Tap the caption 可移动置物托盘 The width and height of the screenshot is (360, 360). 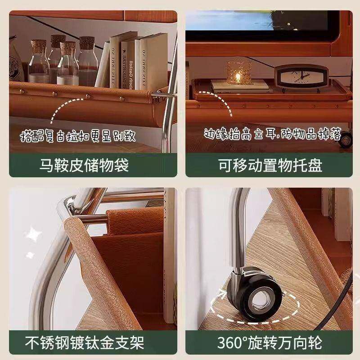270,166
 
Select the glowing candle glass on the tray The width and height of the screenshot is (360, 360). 234,72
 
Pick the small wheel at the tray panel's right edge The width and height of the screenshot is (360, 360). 346,139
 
